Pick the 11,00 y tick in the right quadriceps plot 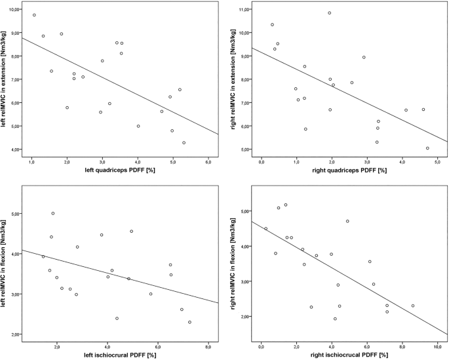244,10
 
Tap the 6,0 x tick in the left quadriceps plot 208,161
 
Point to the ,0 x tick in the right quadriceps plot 262,161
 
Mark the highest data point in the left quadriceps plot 34,15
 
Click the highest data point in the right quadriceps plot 330,13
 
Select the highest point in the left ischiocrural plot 53,213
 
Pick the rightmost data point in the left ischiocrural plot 189,322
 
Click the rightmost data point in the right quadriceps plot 427,148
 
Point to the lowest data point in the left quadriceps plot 184,142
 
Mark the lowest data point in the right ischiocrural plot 335,319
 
